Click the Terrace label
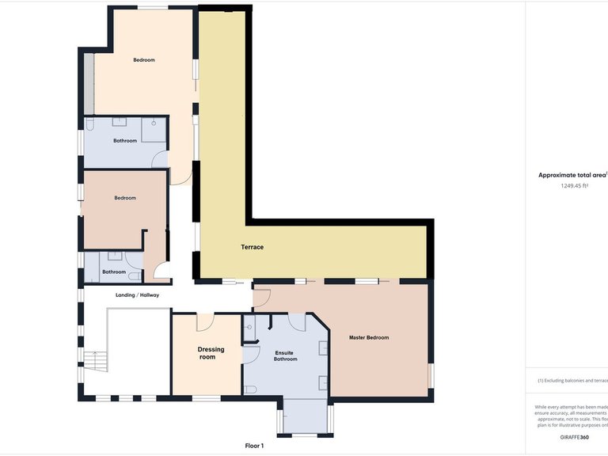(253, 247)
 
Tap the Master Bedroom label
(369, 338)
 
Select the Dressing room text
(211, 353)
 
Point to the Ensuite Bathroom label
(285, 355)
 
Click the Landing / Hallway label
(138, 295)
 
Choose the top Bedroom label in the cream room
(144, 60)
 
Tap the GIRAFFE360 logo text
(573, 437)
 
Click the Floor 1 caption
(254, 446)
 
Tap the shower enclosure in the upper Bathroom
(154, 130)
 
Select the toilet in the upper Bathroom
(90, 126)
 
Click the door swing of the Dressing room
(205, 321)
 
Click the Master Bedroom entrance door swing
(262, 298)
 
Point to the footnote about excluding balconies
(572, 380)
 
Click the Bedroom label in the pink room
(125, 198)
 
